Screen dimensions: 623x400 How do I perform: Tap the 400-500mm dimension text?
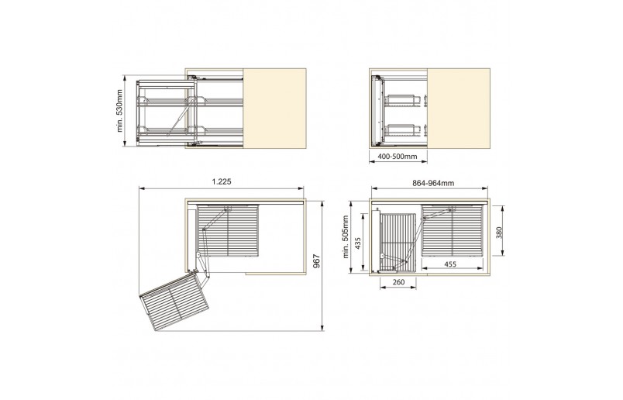click(398, 157)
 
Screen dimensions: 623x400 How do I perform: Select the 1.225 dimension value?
click(222, 181)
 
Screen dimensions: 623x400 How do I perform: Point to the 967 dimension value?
click(316, 260)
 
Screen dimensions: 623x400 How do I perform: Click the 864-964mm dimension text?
click(433, 183)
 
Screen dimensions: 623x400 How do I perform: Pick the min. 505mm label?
click(346, 237)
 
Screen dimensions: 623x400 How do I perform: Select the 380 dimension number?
click(499, 233)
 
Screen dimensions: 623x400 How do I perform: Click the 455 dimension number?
click(450, 264)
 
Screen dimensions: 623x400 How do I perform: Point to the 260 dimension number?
click(398, 282)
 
